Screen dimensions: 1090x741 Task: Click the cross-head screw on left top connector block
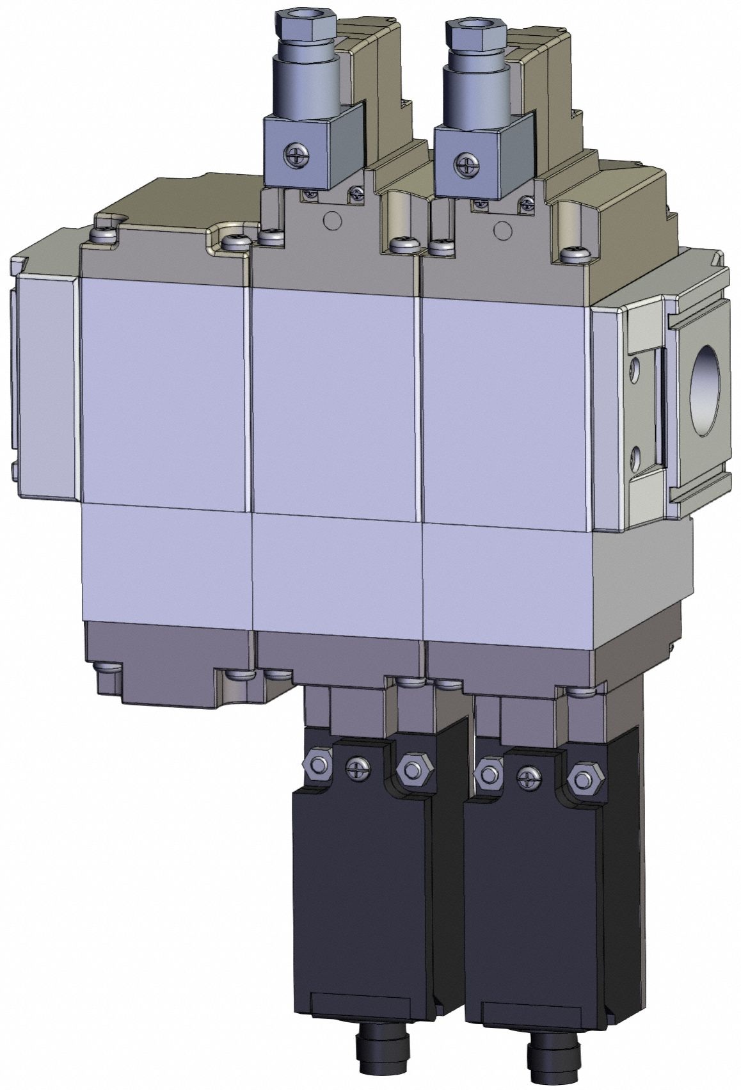(296, 153)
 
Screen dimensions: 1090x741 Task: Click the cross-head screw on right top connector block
(465, 163)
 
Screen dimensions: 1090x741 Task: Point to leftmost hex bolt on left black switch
(317, 764)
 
